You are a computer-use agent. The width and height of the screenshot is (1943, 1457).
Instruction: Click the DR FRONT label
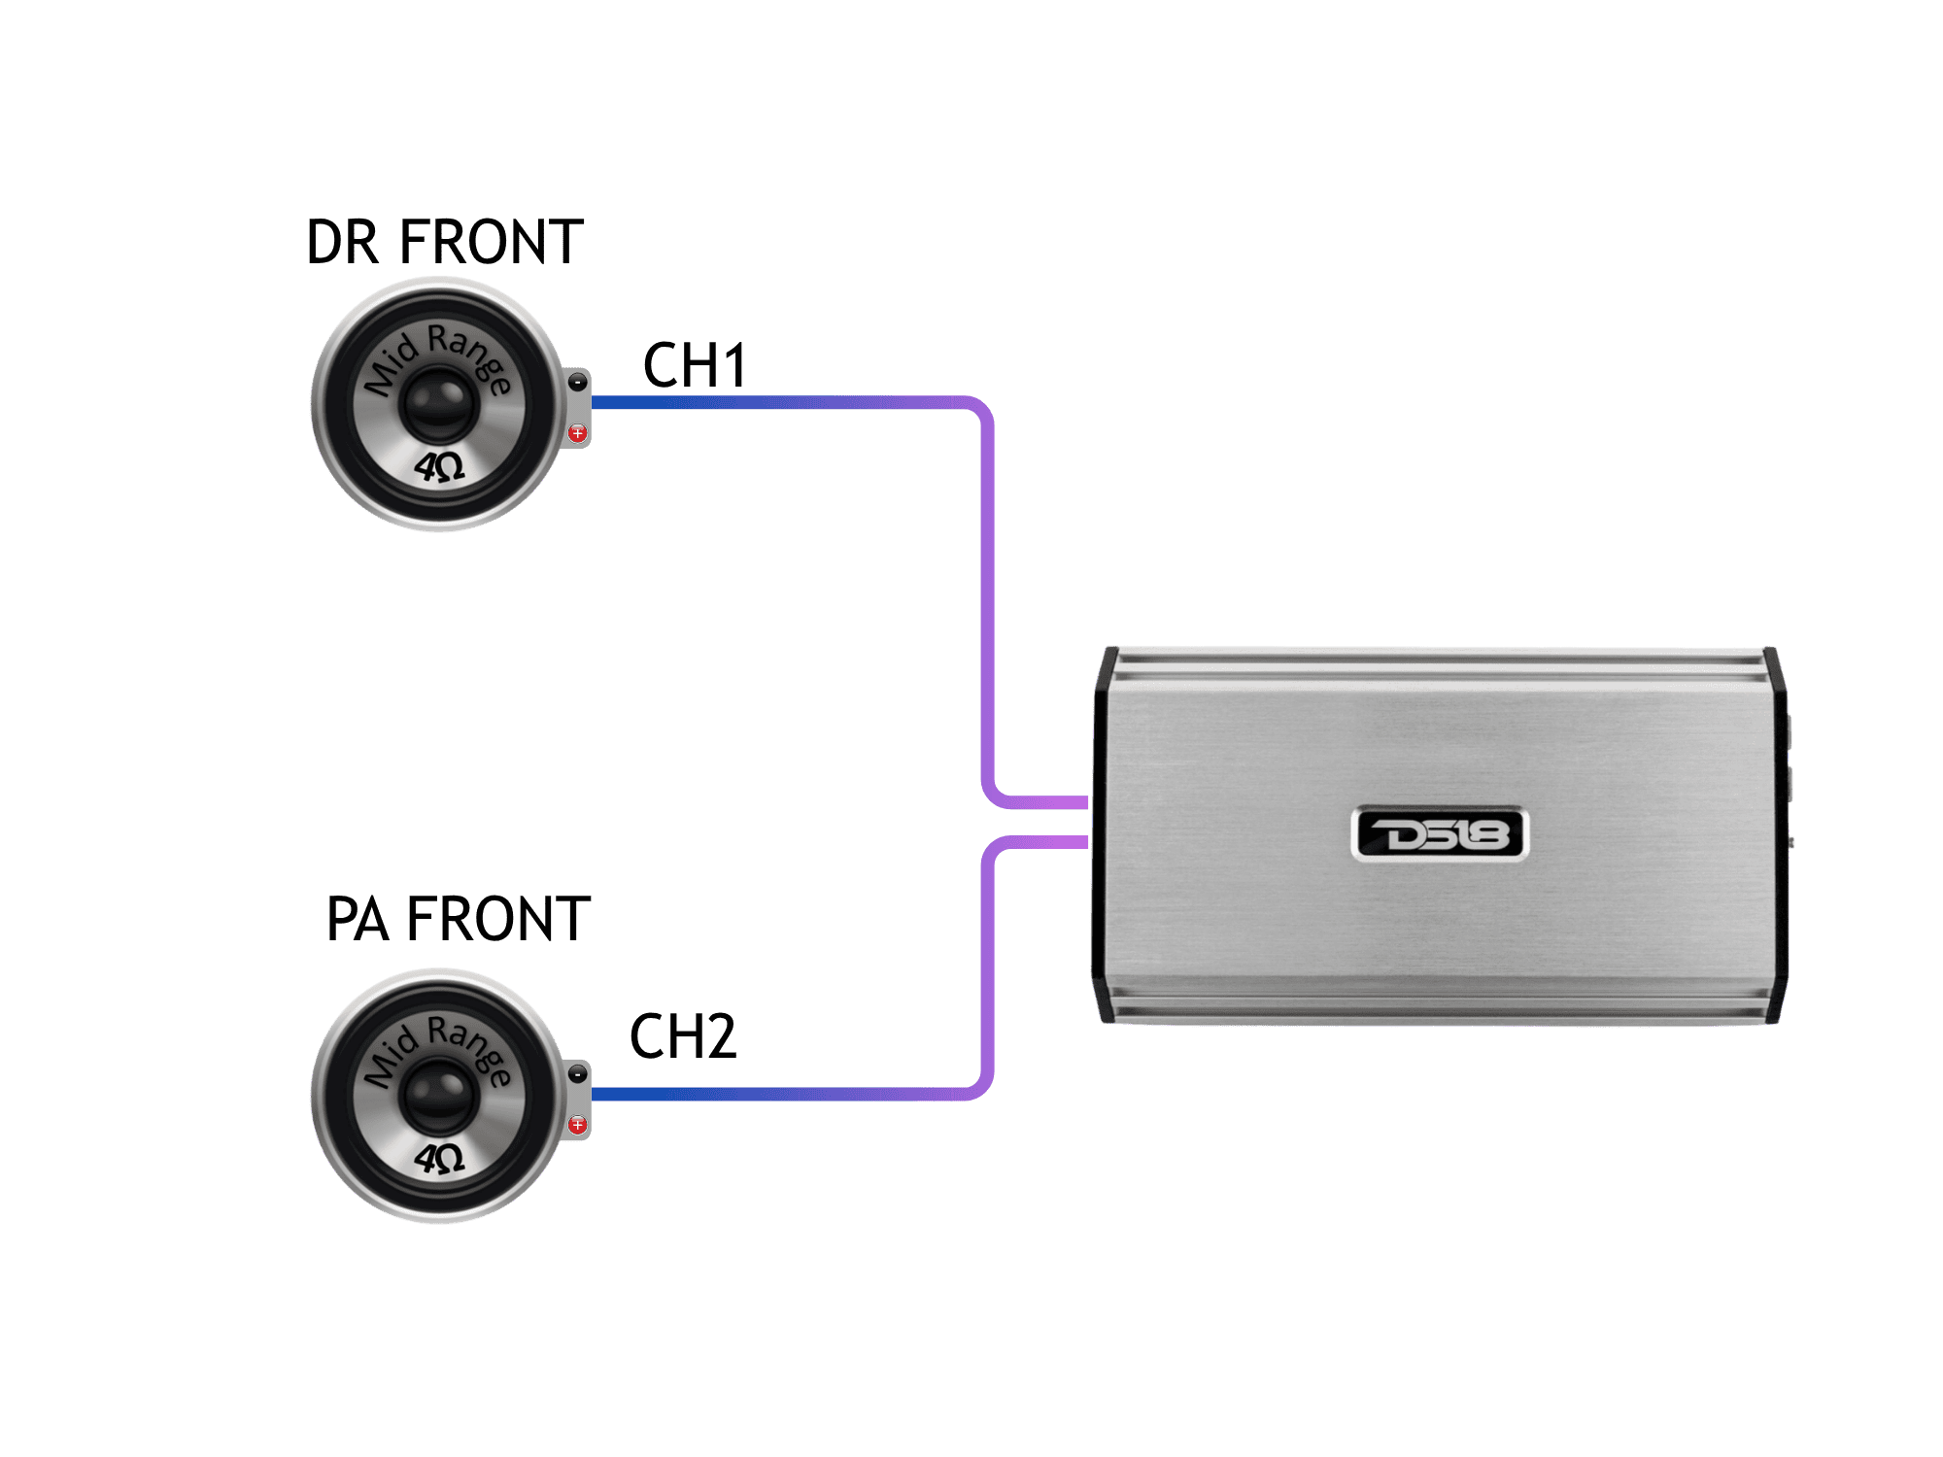click(445, 242)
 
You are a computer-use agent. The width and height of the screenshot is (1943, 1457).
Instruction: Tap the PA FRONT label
click(459, 919)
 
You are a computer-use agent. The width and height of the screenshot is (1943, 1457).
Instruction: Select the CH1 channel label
click(695, 365)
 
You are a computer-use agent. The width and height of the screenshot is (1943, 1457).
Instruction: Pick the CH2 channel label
click(683, 1036)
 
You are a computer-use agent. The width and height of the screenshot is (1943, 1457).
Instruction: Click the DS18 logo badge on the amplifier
click(1440, 834)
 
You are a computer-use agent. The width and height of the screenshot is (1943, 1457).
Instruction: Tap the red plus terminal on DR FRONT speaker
click(578, 433)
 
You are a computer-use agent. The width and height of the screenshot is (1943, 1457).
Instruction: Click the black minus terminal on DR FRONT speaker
click(578, 383)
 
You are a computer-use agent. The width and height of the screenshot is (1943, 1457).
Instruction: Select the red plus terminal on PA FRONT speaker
click(578, 1125)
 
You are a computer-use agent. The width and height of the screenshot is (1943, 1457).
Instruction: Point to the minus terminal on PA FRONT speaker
click(578, 1074)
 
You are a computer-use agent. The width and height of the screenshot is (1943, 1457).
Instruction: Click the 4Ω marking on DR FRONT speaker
click(440, 467)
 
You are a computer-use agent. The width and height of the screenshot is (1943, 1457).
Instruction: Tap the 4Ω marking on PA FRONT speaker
click(440, 1158)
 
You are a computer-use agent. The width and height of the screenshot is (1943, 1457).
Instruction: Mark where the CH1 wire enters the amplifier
click(1086, 802)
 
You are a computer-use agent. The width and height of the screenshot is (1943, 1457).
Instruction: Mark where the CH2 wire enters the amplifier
click(1086, 842)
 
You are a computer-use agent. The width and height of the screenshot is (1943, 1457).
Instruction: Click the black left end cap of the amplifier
click(1104, 835)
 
